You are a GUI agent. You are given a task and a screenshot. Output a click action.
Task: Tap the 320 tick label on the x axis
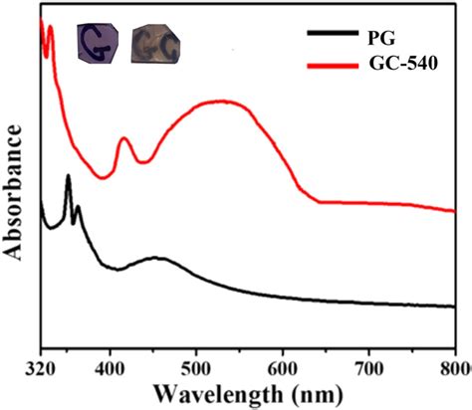pyautogui.click(x=40, y=366)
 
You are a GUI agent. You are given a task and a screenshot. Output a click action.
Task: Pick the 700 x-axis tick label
pyautogui.click(x=369, y=366)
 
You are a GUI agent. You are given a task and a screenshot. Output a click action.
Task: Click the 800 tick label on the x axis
pyautogui.click(x=453, y=366)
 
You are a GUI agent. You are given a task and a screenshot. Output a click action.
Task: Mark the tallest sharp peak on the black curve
pyautogui.click(x=68, y=177)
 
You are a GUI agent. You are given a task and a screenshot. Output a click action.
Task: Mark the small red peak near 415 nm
pyautogui.click(x=124, y=139)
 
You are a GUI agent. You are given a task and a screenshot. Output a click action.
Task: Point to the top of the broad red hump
pyautogui.click(x=221, y=101)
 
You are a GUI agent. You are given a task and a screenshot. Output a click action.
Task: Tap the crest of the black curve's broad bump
pyautogui.click(x=154, y=258)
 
